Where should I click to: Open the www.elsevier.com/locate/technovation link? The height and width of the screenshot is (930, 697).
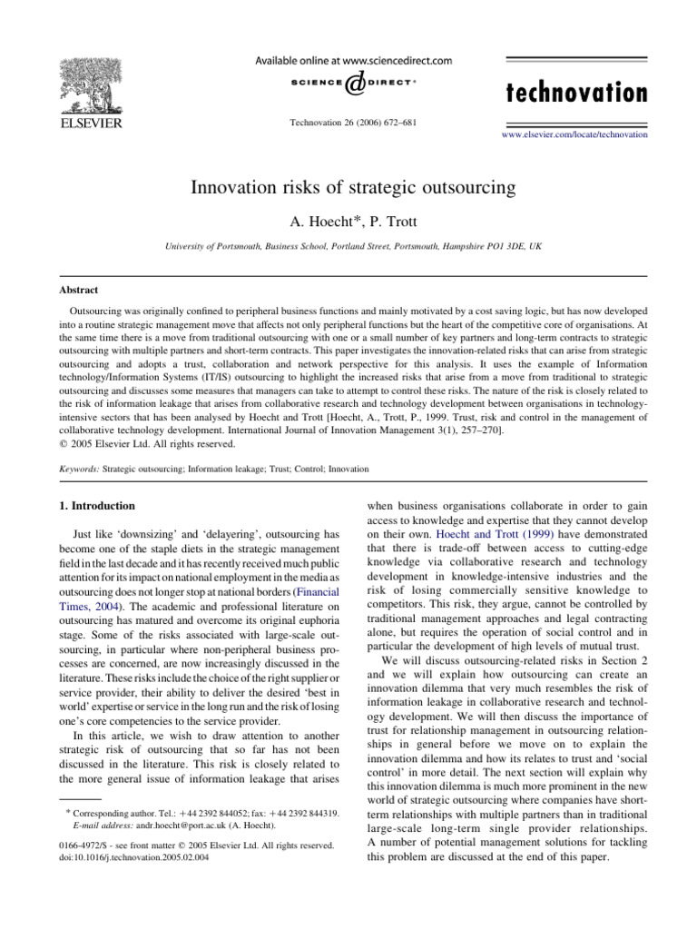pos(574,134)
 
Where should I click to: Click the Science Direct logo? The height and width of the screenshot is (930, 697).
pos(354,84)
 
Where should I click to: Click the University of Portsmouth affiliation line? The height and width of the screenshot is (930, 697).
pos(353,246)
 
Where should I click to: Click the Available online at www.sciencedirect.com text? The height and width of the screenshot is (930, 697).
pos(354,61)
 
